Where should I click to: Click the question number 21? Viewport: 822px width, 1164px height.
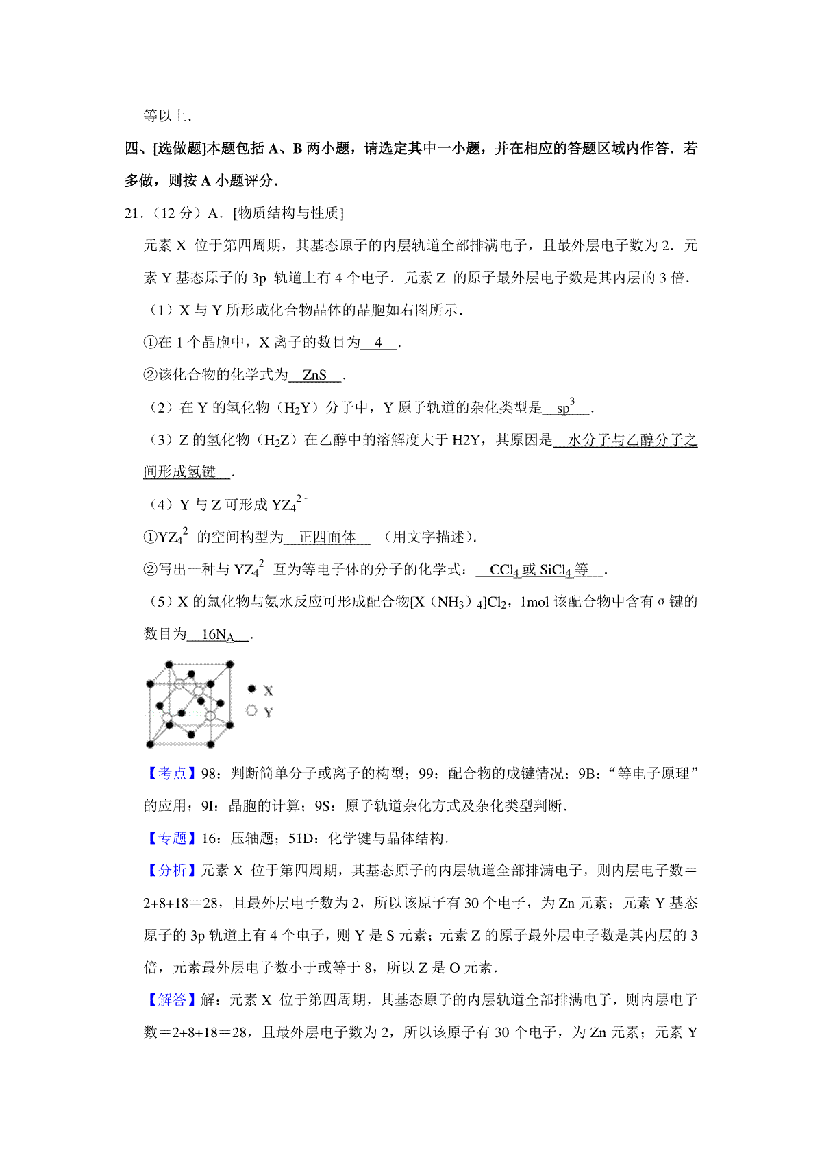(132, 213)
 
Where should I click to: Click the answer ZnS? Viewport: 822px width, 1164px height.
(314, 375)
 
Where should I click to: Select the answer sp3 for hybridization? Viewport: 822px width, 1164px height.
(566, 407)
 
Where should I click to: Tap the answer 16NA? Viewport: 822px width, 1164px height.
(218, 635)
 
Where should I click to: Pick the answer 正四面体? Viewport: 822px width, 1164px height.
(327, 537)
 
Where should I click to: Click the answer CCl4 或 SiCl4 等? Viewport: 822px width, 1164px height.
(539, 570)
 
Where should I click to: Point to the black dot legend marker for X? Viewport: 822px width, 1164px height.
(251, 689)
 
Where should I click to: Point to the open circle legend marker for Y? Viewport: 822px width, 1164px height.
(251, 711)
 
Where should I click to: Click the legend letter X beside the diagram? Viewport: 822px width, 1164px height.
(269, 691)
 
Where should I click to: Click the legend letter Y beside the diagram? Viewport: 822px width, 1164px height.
(269, 713)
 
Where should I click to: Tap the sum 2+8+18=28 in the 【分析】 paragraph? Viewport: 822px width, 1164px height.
(182, 904)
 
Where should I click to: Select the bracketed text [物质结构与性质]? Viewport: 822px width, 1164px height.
(288, 213)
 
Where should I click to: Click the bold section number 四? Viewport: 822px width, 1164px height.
(132, 149)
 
